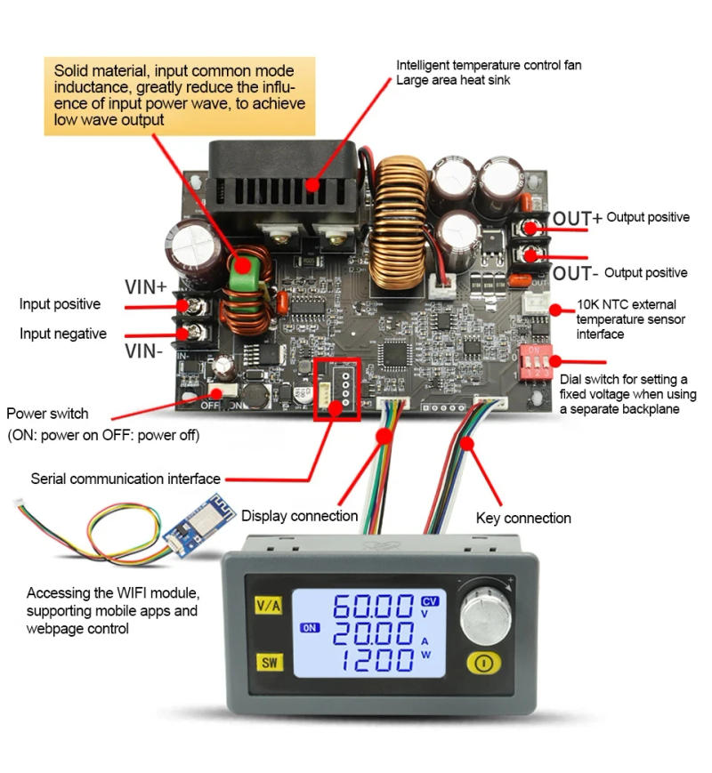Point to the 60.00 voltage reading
(x=373, y=608)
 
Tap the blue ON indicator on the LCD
(x=309, y=628)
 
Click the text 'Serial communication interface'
(x=125, y=478)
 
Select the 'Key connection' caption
(x=523, y=518)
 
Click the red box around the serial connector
(x=336, y=387)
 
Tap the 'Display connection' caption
(x=299, y=515)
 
